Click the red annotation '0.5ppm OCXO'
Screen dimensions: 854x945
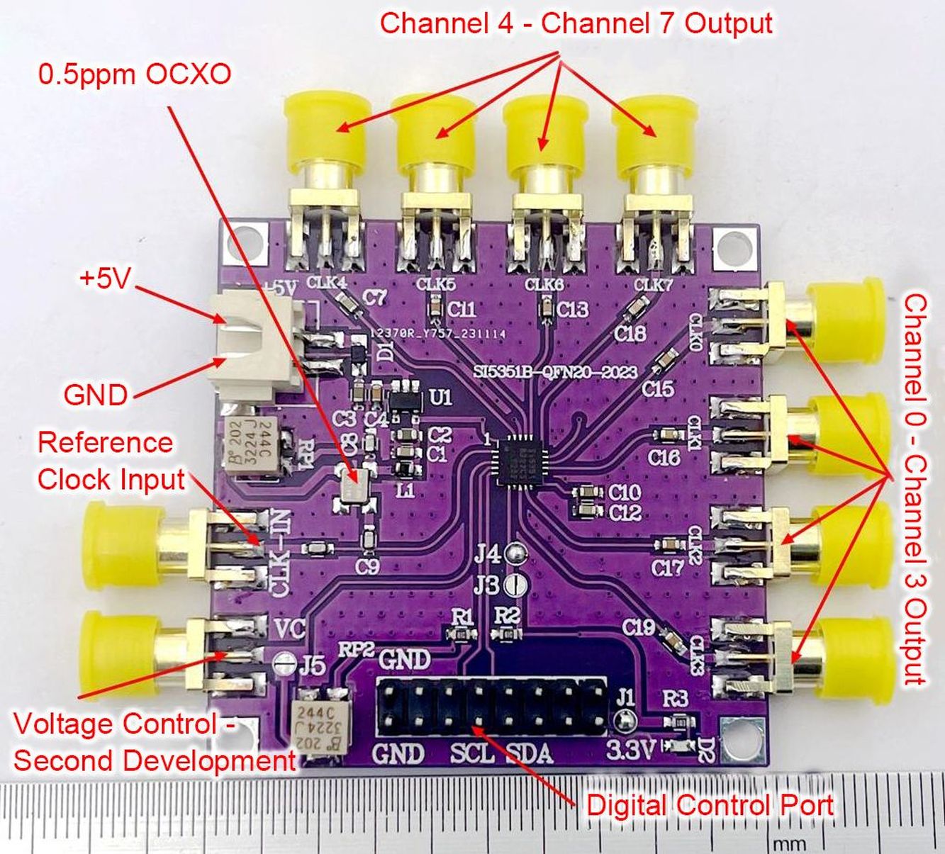135,74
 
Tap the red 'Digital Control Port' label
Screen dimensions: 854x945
710,806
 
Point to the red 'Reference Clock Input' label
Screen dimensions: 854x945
110,461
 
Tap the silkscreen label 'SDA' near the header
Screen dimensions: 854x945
529,752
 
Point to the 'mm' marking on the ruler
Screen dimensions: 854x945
788,843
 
